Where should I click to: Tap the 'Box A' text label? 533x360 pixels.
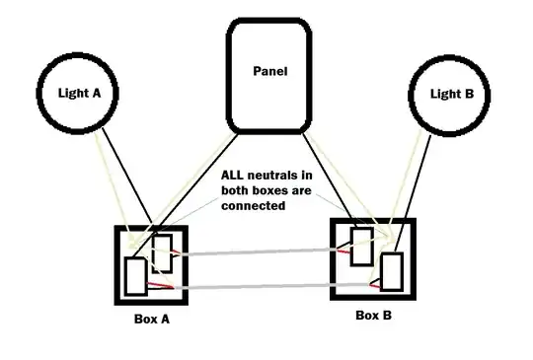click(x=156, y=320)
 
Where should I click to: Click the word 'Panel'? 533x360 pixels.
click(x=270, y=72)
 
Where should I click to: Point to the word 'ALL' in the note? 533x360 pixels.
click(x=232, y=176)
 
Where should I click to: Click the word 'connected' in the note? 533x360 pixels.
click(x=255, y=205)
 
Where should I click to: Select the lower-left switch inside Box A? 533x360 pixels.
click(x=136, y=276)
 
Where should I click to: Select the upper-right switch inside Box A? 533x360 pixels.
click(x=161, y=253)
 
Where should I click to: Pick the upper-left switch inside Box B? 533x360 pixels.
click(x=361, y=247)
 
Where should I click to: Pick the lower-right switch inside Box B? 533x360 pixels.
click(x=392, y=271)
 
